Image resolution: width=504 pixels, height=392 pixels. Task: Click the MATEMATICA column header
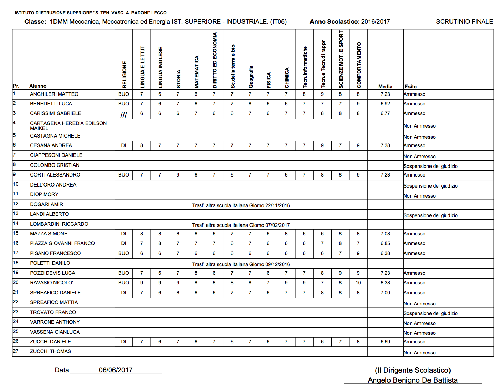point(196,72)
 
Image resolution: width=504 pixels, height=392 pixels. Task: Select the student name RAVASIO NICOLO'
point(51,283)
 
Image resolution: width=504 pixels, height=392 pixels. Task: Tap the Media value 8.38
point(385,283)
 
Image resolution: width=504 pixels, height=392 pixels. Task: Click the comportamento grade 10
point(358,283)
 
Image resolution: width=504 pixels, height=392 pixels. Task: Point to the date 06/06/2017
point(116,370)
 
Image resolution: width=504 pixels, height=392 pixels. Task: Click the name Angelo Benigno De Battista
point(413,380)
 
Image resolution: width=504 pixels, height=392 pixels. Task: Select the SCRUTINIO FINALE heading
point(464,22)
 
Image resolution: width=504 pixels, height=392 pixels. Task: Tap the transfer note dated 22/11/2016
point(241,205)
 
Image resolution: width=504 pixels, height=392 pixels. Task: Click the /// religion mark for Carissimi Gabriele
point(123,115)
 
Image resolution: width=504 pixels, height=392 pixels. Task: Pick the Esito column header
point(411,87)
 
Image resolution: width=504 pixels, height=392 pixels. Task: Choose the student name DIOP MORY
point(44,194)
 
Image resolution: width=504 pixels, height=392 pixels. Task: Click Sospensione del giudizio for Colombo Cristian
point(431,166)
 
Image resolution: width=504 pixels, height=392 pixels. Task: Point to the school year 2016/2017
point(375,22)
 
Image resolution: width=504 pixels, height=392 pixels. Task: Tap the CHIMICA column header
point(287,78)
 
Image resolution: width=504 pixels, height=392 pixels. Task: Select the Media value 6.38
point(385,253)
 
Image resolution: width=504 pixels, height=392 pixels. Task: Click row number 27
point(16,351)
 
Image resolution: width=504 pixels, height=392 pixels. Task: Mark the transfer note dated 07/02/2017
point(241,225)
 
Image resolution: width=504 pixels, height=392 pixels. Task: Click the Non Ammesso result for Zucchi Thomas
point(419,353)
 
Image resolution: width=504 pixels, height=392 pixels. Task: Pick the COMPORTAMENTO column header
point(359,65)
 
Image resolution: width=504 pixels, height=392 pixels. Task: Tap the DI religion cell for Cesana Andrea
point(123,145)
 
